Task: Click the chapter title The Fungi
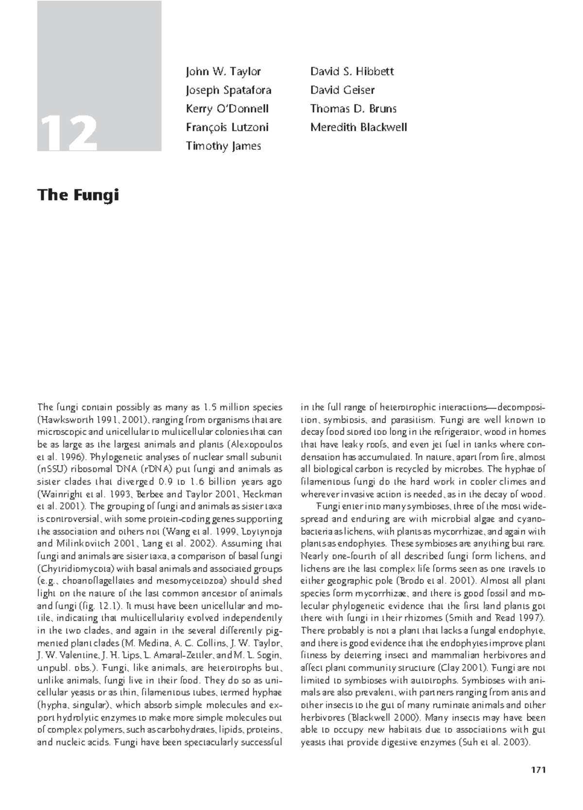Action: [78, 195]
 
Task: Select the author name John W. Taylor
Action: [223, 71]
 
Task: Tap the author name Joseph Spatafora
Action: [228, 90]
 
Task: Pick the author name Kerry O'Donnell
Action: [227, 109]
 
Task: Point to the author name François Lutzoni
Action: [227, 127]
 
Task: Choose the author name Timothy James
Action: [223, 146]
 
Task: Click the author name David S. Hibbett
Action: [352, 71]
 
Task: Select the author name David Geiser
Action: [342, 90]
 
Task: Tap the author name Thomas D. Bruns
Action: [353, 109]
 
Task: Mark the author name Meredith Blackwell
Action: [359, 127]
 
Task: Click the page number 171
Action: [538, 770]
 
